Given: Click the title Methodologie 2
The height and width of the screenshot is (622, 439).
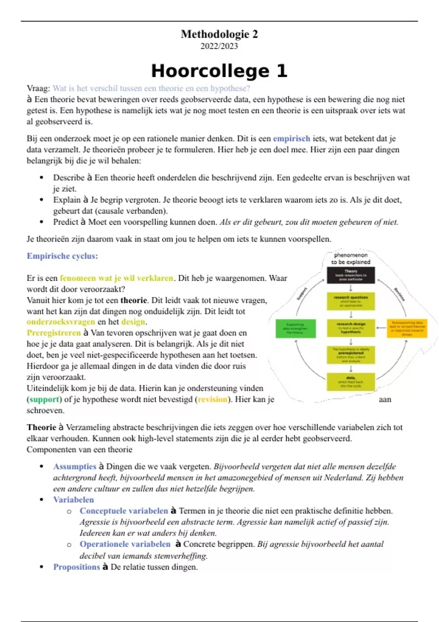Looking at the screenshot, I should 219,34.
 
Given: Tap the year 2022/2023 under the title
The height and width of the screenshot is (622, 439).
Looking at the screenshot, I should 219,46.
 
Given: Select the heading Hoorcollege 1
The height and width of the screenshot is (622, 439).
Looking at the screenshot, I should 219,71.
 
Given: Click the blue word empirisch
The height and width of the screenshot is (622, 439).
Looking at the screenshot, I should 292,139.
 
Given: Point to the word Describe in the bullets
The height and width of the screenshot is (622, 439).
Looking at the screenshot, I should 69,178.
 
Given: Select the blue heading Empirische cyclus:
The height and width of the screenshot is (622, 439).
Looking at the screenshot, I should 62,256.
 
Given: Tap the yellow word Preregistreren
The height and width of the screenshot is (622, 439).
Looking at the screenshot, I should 53,333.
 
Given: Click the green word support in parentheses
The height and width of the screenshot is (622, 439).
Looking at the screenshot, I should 44,400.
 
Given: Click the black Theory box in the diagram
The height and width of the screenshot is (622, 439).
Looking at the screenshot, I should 350,275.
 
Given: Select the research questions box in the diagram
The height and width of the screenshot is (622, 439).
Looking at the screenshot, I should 350,301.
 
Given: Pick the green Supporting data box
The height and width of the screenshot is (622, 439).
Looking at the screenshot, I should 295,328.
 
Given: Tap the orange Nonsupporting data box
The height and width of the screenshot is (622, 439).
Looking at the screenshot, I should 407,328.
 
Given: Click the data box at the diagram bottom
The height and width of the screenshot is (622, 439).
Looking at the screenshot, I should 350,382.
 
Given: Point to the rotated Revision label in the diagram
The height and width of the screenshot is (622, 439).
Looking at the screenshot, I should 399,295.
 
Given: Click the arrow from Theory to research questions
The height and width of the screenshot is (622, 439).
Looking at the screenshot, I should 350,288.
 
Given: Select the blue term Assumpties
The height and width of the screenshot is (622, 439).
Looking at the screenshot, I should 75,466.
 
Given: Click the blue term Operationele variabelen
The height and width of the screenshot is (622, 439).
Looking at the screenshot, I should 125,544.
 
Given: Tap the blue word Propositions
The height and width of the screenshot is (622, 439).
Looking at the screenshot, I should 76,567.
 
